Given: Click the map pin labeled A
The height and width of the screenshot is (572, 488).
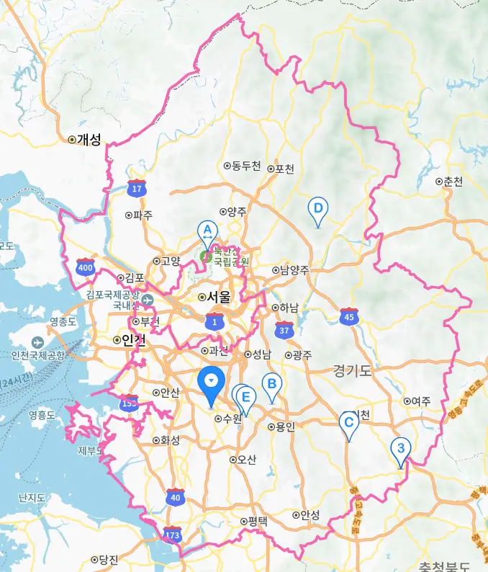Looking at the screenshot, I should point(207,231).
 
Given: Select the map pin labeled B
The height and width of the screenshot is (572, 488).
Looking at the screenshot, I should point(271,384).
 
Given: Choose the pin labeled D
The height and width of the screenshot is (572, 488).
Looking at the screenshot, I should point(317,209).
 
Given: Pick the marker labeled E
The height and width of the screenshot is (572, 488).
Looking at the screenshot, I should point(246,397).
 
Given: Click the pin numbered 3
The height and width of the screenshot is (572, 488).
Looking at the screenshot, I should point(400,449).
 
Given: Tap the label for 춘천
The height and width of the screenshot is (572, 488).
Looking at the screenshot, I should point(453,182).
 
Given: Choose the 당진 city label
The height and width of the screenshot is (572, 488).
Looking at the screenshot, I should point(109,560).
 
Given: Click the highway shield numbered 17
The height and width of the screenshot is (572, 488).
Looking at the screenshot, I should point(136,189).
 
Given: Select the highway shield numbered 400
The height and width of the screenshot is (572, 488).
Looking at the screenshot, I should point(86,268).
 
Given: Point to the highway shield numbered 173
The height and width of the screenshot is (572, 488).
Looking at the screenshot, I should point(172,535).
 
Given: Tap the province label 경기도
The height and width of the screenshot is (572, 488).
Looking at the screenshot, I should point(352,370).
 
